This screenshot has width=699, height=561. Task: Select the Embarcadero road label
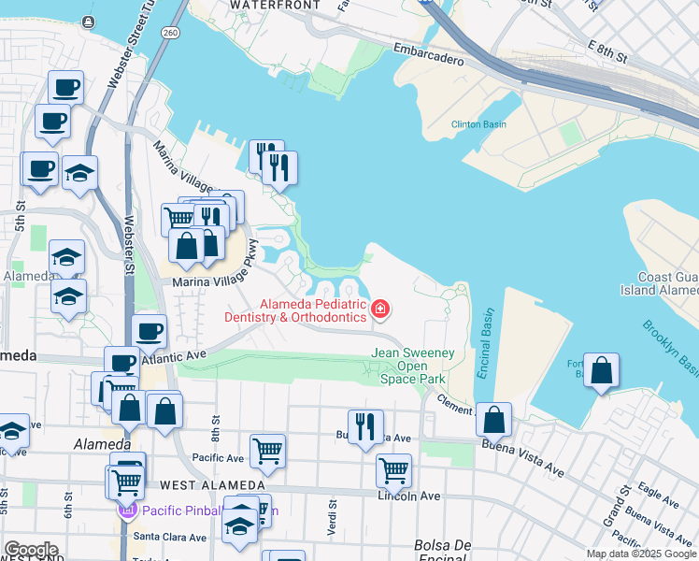[x=428, y=58]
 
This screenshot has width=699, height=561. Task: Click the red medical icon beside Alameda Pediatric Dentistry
[x=380, y=309]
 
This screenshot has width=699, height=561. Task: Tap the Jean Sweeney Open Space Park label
[x=413, y=366]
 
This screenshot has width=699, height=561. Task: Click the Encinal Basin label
[x=483, y=342]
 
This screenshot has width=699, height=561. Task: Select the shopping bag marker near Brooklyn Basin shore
[x=603, y=370]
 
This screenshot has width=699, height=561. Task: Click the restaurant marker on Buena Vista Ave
[x=365, y=426]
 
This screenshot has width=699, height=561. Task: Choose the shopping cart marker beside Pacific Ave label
[x=267, y=451]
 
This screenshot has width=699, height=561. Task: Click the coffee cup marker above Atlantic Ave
[x=149, y=330]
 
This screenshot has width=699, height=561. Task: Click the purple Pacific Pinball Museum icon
[x=127, y=511]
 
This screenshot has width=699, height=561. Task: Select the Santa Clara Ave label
[x=169, y=537]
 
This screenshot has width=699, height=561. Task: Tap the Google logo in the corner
[x=31, y=550]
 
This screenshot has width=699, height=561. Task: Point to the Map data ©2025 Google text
[x=641, y=554]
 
